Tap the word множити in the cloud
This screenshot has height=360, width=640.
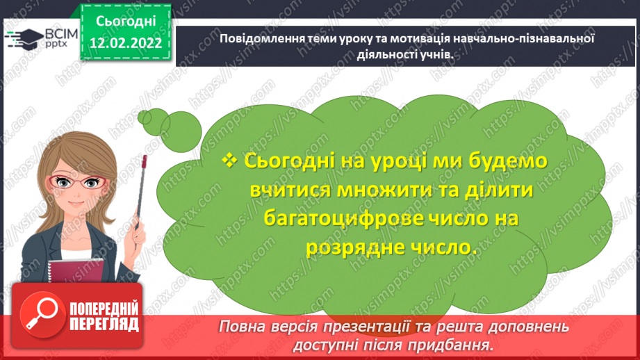(358, 189)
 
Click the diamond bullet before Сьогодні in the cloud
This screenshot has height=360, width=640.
(230, 160)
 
